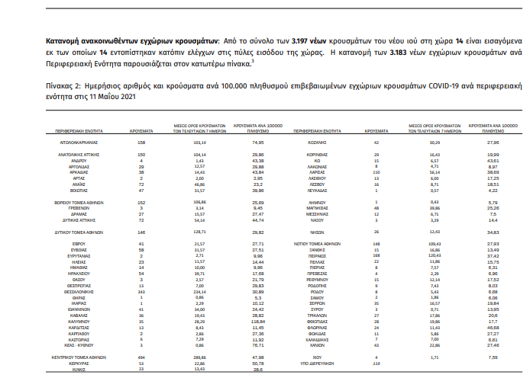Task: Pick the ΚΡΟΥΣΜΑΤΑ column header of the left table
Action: pos(138,122)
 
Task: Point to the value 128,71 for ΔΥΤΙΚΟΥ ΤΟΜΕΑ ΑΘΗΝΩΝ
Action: pos(201,231)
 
